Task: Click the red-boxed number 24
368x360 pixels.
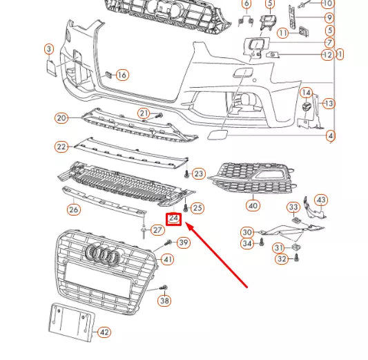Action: [174, 219]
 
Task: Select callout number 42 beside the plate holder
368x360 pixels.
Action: [104, 332]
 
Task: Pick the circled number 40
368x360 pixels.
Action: [253, 205]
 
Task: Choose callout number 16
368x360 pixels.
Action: [122, 75]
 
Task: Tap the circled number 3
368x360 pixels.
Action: [49, 49]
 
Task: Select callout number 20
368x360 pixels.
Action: [61, 118]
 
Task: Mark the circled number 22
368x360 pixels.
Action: [61, 146]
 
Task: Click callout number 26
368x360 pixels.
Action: [73, 209]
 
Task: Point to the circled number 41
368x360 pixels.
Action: [167, 260]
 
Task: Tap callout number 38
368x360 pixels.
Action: [164, 301]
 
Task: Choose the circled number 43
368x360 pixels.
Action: [321, 200]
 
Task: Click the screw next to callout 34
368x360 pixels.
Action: [262, 243]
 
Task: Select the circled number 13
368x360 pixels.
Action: [329, 104]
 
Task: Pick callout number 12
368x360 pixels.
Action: [327, 55]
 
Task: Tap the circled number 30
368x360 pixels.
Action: [247, 231]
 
